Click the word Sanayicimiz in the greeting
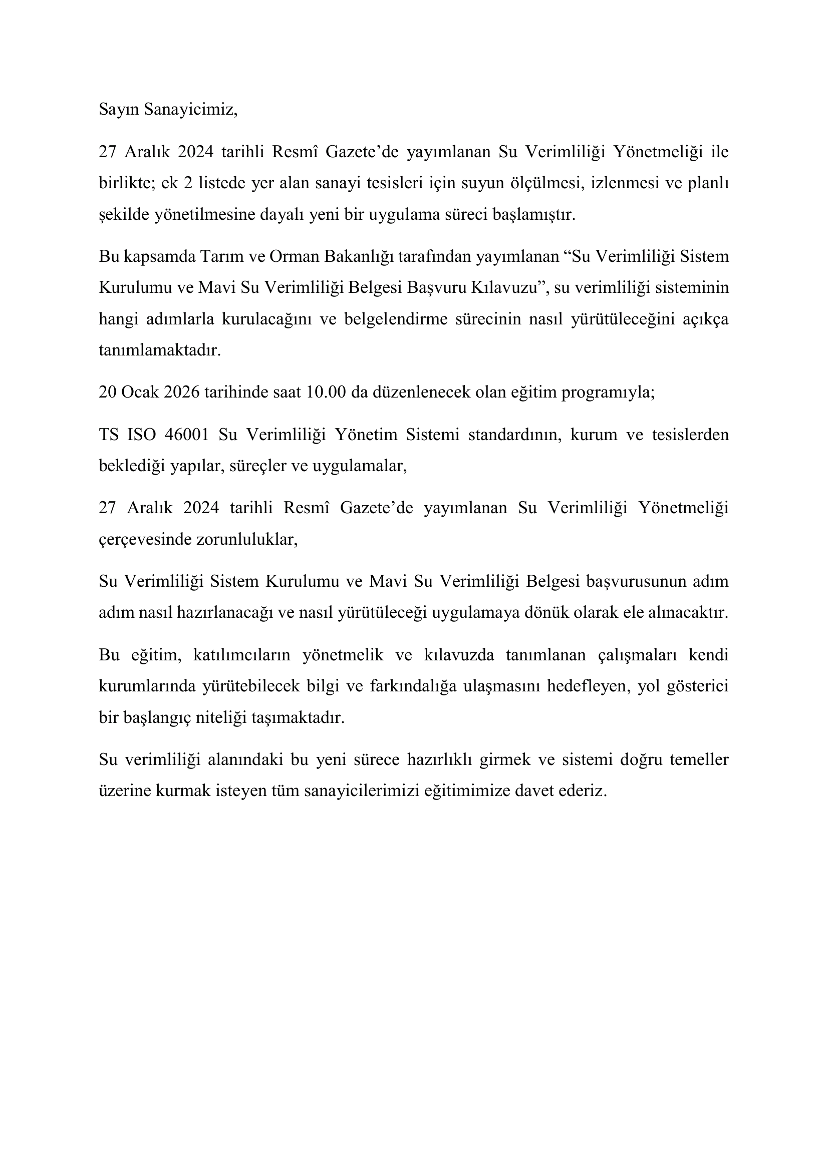[x=190, y=110]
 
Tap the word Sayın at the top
[x=119, y=110]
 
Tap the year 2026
[x=181, y=393]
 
